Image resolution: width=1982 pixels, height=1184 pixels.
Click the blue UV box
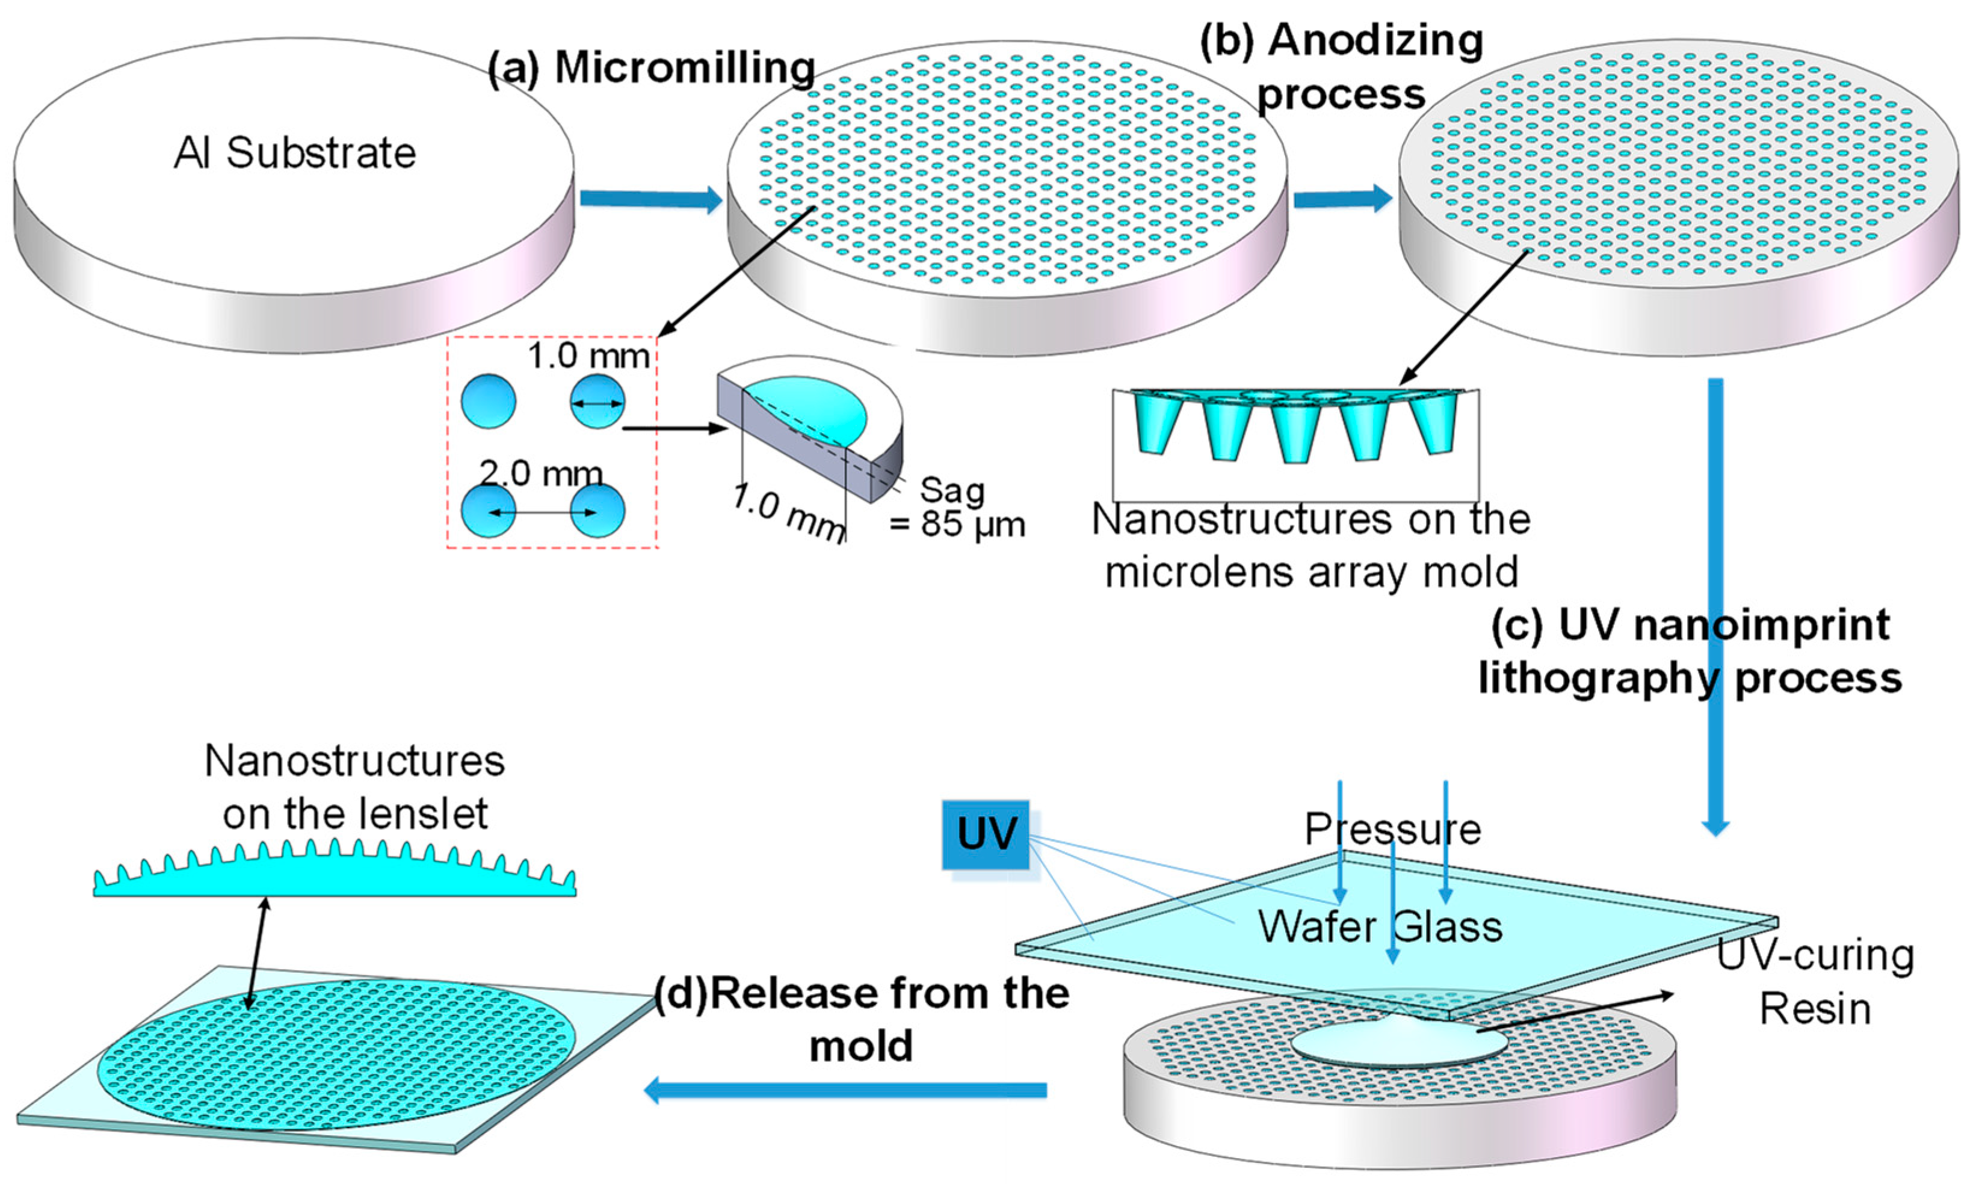986,834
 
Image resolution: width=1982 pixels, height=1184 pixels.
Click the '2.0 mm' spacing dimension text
541,474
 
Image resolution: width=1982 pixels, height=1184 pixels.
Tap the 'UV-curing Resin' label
1815,982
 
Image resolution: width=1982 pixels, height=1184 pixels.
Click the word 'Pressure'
1392,830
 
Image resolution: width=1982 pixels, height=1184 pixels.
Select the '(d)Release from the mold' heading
862,1020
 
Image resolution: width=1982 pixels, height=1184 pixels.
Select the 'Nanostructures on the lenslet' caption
355,788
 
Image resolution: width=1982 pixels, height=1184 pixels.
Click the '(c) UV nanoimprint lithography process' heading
1690,651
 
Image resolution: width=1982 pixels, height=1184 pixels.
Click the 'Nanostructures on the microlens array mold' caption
1311,546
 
